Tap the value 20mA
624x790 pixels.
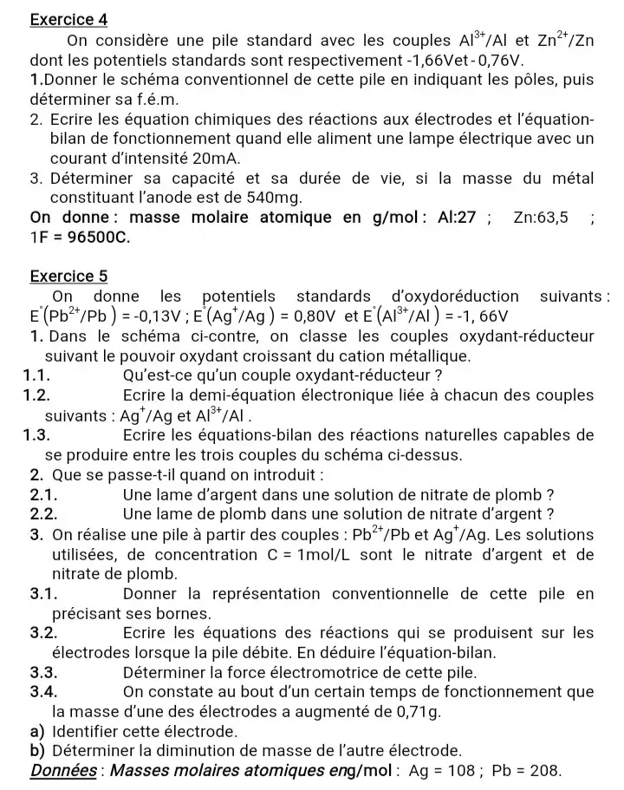(x=211, y=159)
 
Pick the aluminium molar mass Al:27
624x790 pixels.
(x=458, y=217)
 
